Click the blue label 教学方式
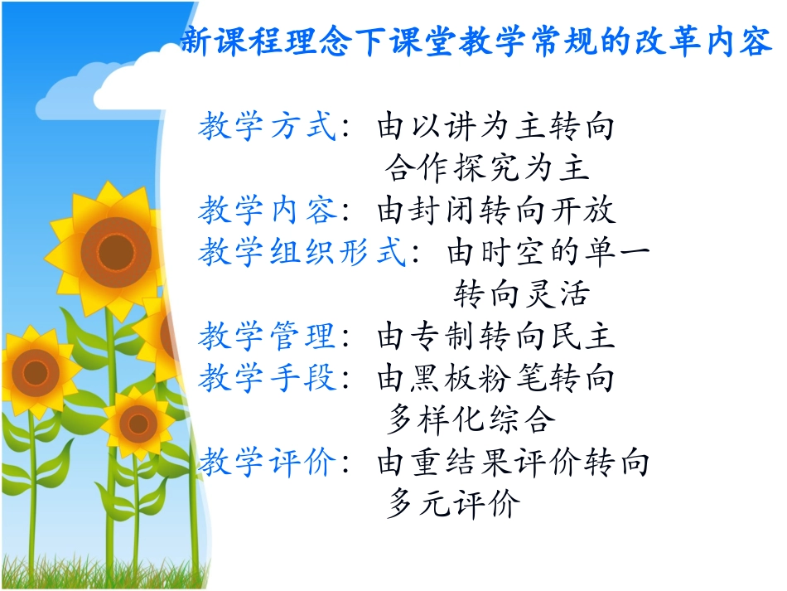click(267, 127)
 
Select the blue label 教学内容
click(267, 211)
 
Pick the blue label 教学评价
click(267, 463)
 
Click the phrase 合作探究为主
click(487, 169)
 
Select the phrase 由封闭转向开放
click(496, 211)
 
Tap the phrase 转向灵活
click(521, 294)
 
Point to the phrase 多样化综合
click(470, 420)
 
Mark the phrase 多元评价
click(453, 504)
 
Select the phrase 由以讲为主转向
click(496, 127)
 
